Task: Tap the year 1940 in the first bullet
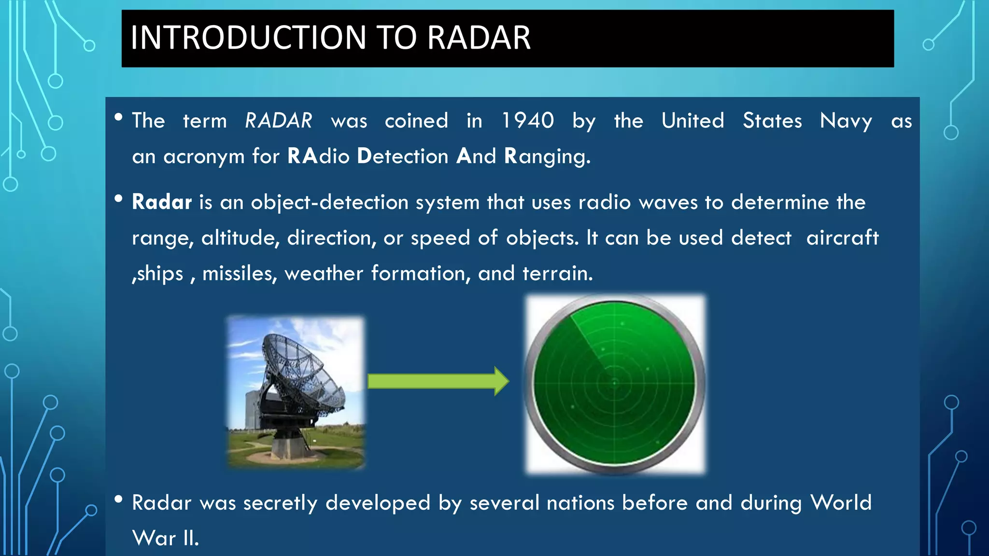point(527,121)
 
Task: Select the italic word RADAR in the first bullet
point(279,121)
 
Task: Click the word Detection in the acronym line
point(403,156)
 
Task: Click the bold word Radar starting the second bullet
point(162,202)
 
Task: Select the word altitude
point(240,238)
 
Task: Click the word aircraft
point(842,237)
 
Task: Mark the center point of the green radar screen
point(614,384)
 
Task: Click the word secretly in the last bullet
point(280,503)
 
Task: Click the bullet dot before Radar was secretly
point(118,500)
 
